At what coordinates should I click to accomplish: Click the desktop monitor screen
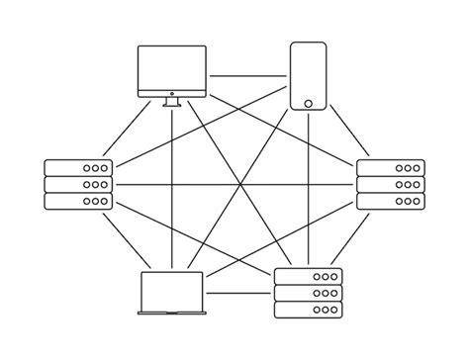coord(172,68)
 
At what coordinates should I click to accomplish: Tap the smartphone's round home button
coord(308,103)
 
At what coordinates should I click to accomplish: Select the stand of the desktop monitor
coord(172,101)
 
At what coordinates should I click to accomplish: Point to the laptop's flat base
coord(172,314)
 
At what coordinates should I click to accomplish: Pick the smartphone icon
coord(308,76)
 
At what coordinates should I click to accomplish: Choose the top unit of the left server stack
coord(78,168)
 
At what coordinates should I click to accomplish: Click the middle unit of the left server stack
coord(78,184)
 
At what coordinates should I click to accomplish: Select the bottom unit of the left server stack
coord(78,201)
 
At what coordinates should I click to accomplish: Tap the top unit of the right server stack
coord(391,168)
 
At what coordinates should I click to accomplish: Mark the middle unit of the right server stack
coord(391,184)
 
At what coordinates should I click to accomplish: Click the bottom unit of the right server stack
coord(391,201)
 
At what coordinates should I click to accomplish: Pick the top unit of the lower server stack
coord(308,277)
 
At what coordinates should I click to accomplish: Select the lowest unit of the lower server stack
coord(308,310)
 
